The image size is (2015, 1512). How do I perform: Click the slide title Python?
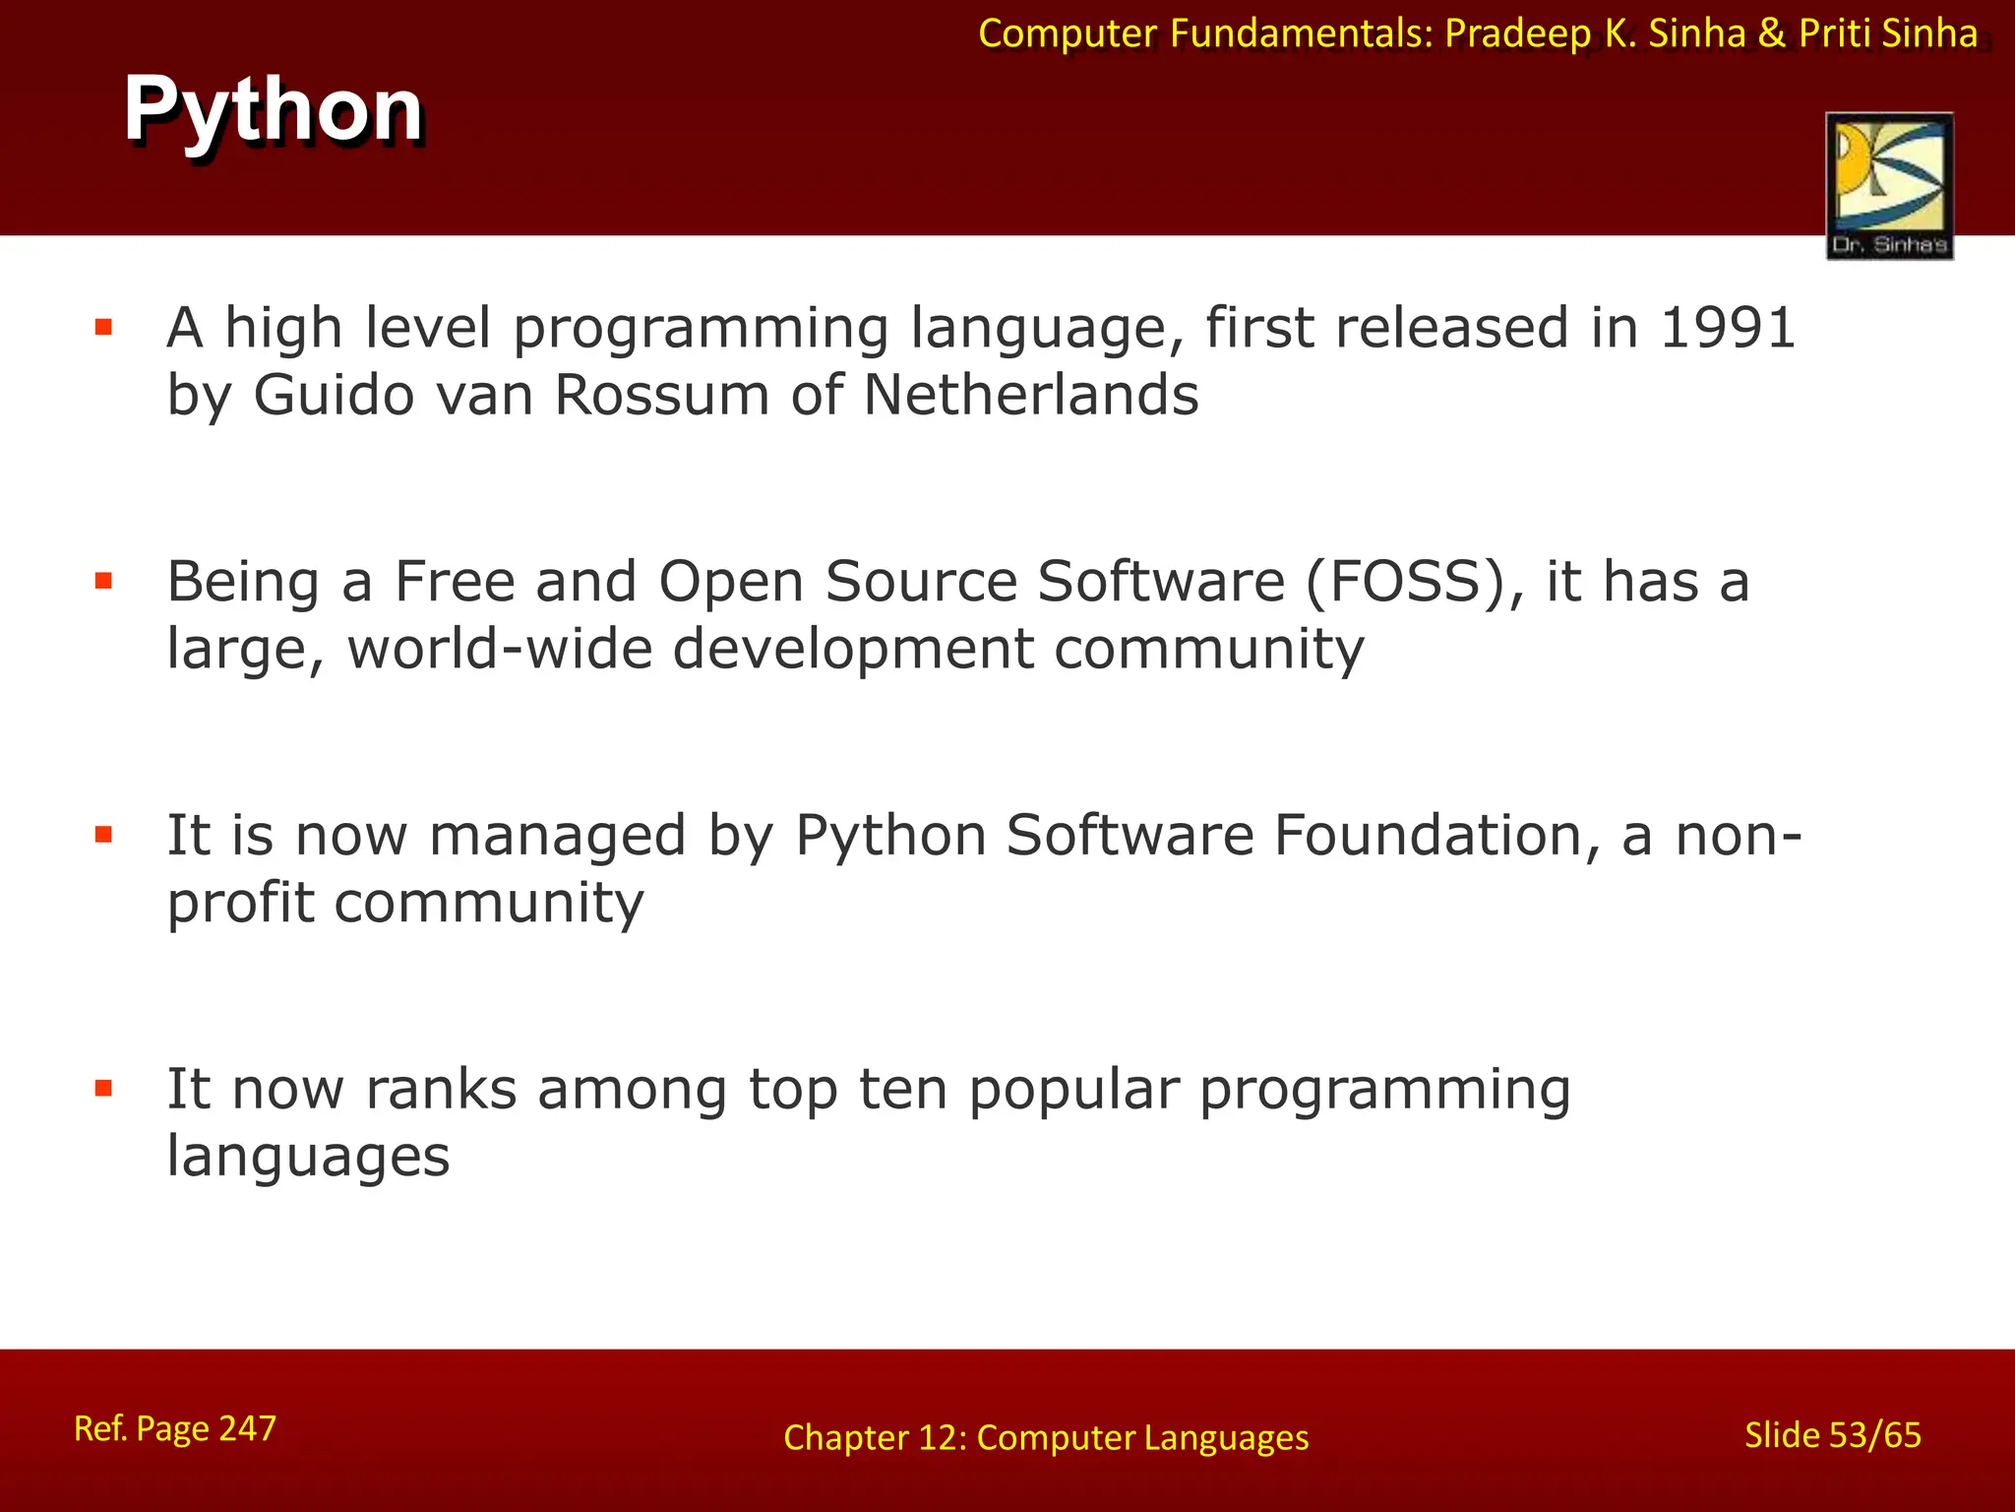(274, 110)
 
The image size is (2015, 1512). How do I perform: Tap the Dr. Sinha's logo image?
(1889, 185)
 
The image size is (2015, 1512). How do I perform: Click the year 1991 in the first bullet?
(1728, 328)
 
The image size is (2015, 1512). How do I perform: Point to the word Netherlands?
(1031, 396)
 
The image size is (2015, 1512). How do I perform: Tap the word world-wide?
(500, 649)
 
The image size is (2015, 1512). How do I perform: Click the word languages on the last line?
(308, 1156)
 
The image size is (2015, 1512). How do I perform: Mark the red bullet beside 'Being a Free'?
(103, 581)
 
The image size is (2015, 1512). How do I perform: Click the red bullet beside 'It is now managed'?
(103, 835)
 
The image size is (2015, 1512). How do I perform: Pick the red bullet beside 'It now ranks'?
(103, 1089)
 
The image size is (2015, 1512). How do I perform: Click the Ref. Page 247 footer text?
(175, 1428)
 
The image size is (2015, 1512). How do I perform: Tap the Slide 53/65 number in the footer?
(1832, 1435)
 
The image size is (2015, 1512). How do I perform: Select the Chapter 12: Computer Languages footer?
(1046, 1438)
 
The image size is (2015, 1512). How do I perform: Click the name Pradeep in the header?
(1517, 34)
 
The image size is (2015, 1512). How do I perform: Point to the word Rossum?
(661, 396)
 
